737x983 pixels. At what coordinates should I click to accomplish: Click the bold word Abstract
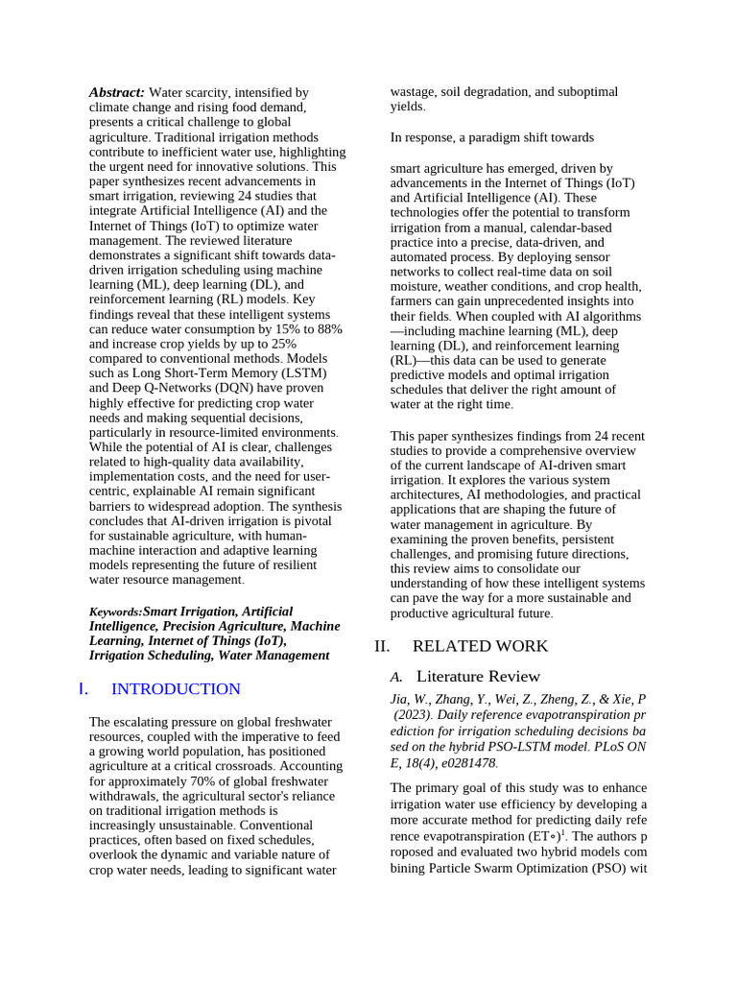(x=117, y=92)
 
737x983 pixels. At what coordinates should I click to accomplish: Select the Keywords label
(x=115, y=612)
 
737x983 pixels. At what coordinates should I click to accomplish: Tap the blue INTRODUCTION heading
(x=176, y=689)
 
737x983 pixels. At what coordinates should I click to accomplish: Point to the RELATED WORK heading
(x=480, y=646)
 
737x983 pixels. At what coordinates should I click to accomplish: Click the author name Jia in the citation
(x=399, y=699)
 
